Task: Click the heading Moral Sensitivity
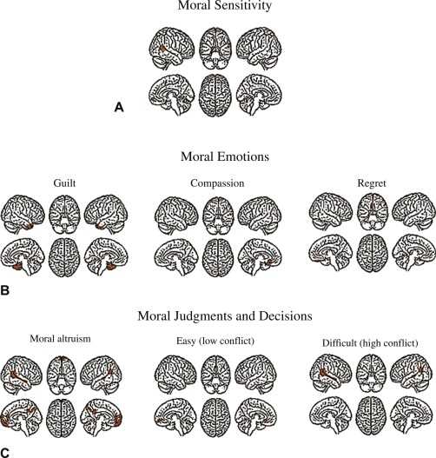coord(225,5)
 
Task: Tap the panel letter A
coord(119,107)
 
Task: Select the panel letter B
coord(5,291)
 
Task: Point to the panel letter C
coord(5,453)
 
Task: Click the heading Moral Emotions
coord(225,156)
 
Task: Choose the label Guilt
coord(64,183)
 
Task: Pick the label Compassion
coord(217,183)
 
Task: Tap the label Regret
coord(372,183)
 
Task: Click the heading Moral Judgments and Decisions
coord(225,315)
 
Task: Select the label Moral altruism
coord(60,339)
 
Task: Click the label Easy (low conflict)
coord(215,341)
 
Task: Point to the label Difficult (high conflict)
coord(370,343)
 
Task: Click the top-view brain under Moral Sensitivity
coord(215,96)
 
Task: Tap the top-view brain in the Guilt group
coord(64,257)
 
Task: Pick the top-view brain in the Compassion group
coord(218,257)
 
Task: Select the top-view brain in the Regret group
coord(373,253)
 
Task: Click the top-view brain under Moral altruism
coord(62,418)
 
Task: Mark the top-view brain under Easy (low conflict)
coord(216,417)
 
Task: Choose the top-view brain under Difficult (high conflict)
coord(371,416)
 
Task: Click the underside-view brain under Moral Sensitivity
coord(215,48)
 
